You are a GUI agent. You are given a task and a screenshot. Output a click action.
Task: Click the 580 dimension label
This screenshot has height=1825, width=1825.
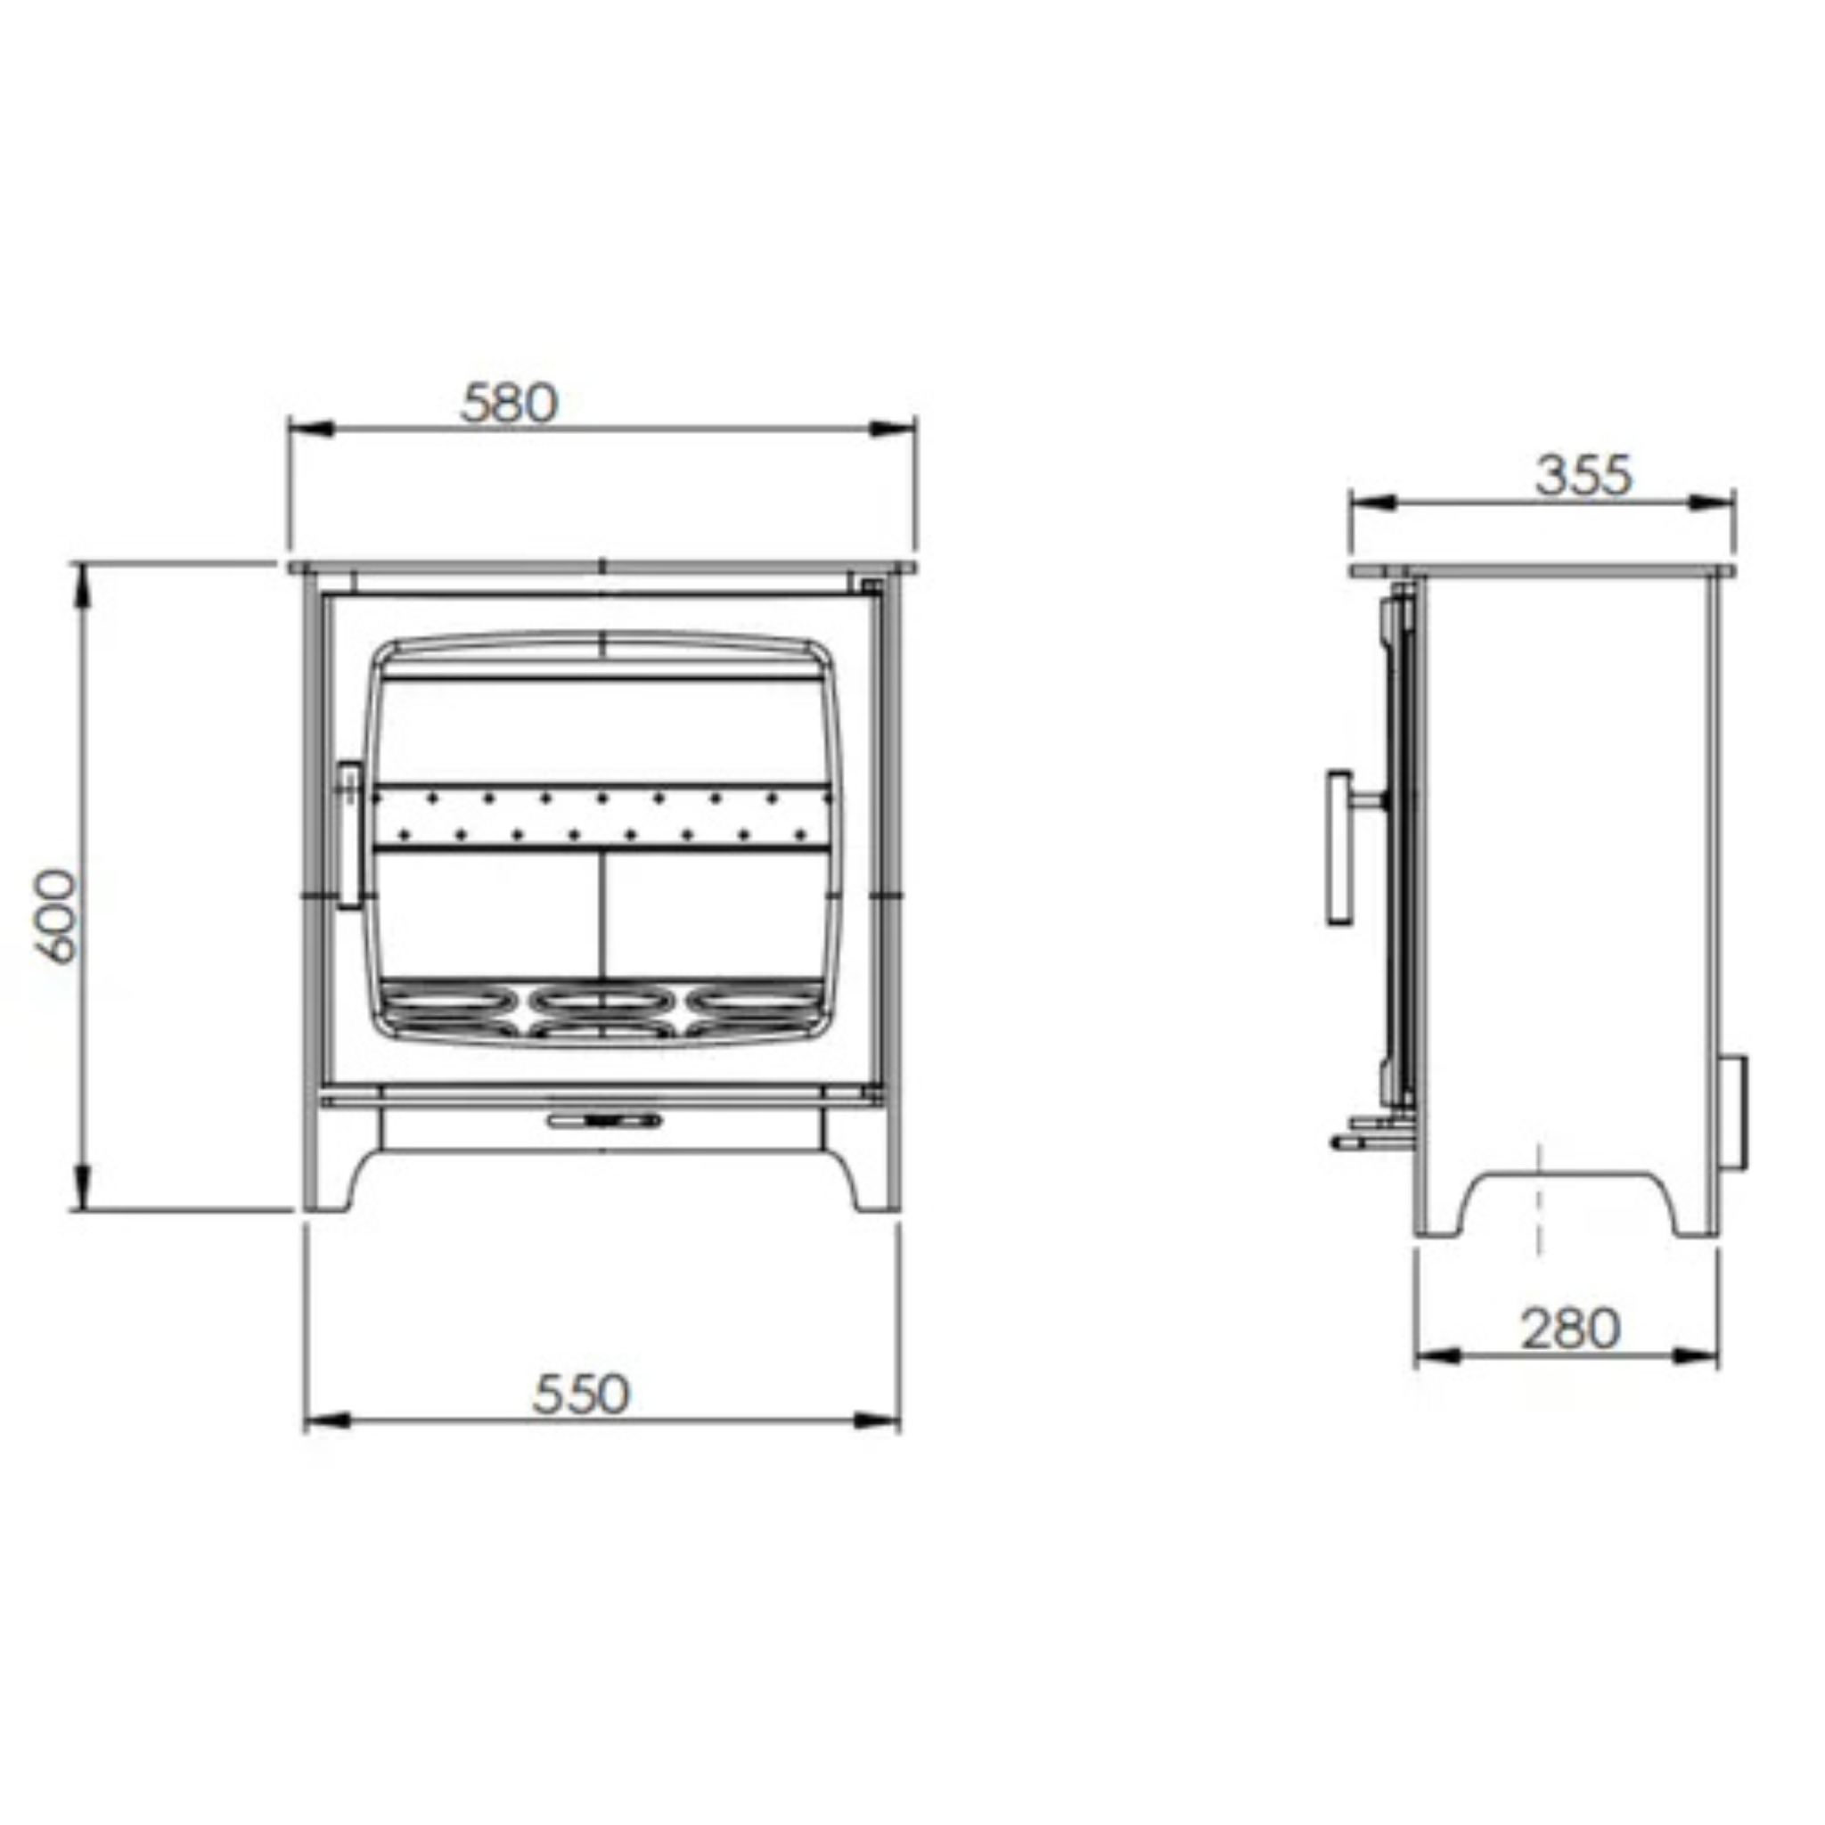tap(509, 404)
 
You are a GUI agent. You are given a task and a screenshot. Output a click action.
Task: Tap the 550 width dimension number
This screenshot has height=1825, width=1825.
tap(580, 1395)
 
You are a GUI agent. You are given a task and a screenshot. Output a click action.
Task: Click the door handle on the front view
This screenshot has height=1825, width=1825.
tap(349, 835)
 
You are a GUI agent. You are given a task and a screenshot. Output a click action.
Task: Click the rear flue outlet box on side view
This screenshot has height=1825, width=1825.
tap(1736, 1113)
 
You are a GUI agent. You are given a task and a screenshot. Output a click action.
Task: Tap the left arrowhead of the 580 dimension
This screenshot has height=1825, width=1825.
tap(312, 429)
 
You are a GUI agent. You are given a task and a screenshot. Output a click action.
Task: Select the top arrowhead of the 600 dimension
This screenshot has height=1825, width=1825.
tap(82, 585)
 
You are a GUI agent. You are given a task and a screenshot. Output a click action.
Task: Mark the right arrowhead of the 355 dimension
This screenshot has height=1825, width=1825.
tap(1712, 503)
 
